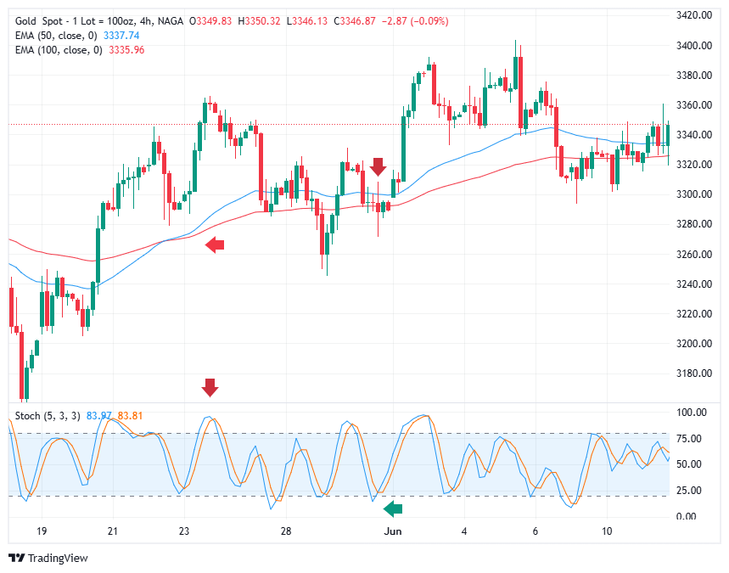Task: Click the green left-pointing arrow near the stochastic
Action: (x=393, y=509)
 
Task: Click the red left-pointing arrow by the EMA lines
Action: (x=215, y=245)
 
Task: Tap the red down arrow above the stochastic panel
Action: (x=210, y=388)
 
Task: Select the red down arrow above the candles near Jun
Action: (x=379, y=166)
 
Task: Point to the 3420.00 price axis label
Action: (x=693, y=15)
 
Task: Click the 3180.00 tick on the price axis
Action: (x=693, y=374)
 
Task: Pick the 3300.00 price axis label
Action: (x=693, y=194)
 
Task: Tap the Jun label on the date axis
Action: (x=393, y=531)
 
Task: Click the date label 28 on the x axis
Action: (x=286, y=531)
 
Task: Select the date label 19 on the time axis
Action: (x=42, y=531)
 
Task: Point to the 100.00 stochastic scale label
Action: (x=691, y=413)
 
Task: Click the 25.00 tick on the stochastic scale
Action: (x=688, y=491)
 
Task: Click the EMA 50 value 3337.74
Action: (x=121, y=35)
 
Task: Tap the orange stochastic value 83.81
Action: (x=129, y=415)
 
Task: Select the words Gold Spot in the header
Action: (x=39, y=20)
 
